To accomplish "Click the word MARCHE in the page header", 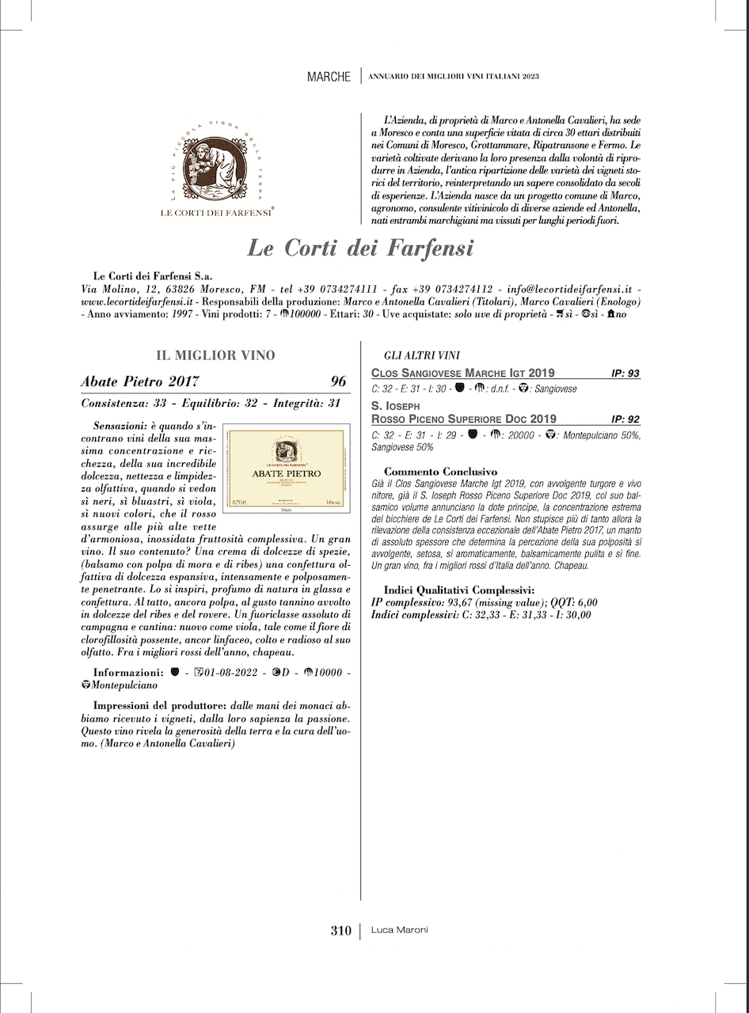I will pos(329,77).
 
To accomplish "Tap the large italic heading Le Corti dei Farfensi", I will pos(360,248).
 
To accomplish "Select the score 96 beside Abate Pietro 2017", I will pos(339,381).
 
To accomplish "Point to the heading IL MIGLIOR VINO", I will pos(216,355).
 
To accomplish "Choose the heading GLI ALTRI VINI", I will pos(422,356).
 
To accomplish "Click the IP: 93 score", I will pos(625,373).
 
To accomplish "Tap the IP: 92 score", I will pos(625,419).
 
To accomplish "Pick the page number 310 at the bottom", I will pos(340,931).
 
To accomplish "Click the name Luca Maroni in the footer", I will pos(400,931).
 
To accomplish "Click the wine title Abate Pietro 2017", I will pos(140,381).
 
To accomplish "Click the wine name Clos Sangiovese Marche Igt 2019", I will pos(463,373).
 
